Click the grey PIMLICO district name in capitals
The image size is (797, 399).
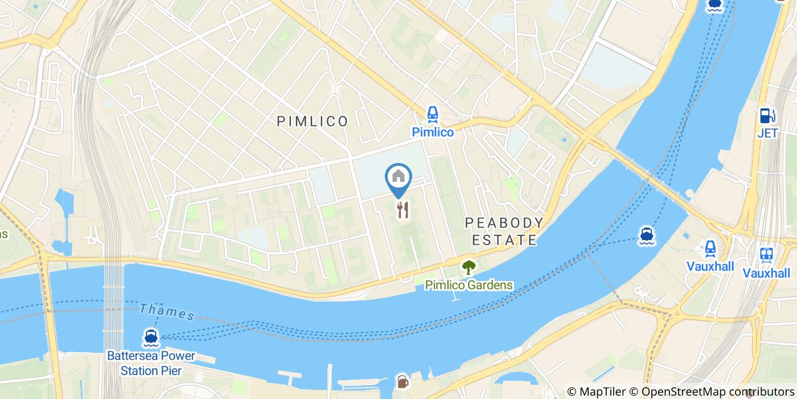312,121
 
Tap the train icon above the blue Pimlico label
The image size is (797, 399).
433,114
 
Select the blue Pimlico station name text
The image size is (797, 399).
433,132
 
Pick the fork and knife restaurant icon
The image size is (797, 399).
403,210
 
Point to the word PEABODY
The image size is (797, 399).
504,222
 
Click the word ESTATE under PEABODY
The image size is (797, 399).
505,240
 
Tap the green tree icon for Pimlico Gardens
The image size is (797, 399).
469,266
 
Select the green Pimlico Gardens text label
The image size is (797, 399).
469,285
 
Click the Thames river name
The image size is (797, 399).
167,311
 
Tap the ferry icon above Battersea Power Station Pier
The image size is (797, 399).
151,337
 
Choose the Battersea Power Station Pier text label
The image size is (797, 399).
151,363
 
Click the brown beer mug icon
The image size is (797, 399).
402,381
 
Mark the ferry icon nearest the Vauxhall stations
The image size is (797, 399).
646,235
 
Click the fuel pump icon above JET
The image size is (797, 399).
767,116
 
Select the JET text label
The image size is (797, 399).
767,134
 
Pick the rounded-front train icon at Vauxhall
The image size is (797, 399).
710,248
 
